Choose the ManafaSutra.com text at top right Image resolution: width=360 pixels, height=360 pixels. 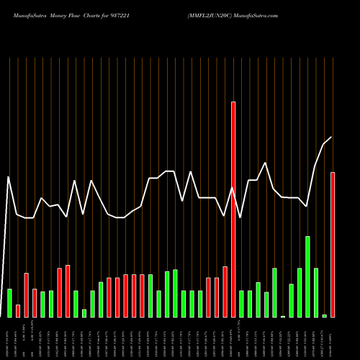(287, 14)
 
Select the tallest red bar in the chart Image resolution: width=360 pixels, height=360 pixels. (233, 209)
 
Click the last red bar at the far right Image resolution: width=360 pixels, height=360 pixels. (333, 245)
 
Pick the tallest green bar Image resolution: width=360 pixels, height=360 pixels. (307, 276)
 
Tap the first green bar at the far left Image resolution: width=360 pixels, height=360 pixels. (9, 302)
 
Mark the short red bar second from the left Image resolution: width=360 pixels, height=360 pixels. (18, 310)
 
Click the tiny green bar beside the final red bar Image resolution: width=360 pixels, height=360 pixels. (324, 315)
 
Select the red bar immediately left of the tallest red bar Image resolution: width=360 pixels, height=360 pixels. (225, 292)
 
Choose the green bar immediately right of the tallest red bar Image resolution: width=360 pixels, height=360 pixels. (241, 303)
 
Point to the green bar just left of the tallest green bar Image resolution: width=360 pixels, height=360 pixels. (300, 292)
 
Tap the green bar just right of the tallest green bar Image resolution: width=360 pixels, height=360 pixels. (316, 292)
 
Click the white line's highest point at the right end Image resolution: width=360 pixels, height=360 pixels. (331, 137)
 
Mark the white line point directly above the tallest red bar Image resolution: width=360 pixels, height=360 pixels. (233, 189)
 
